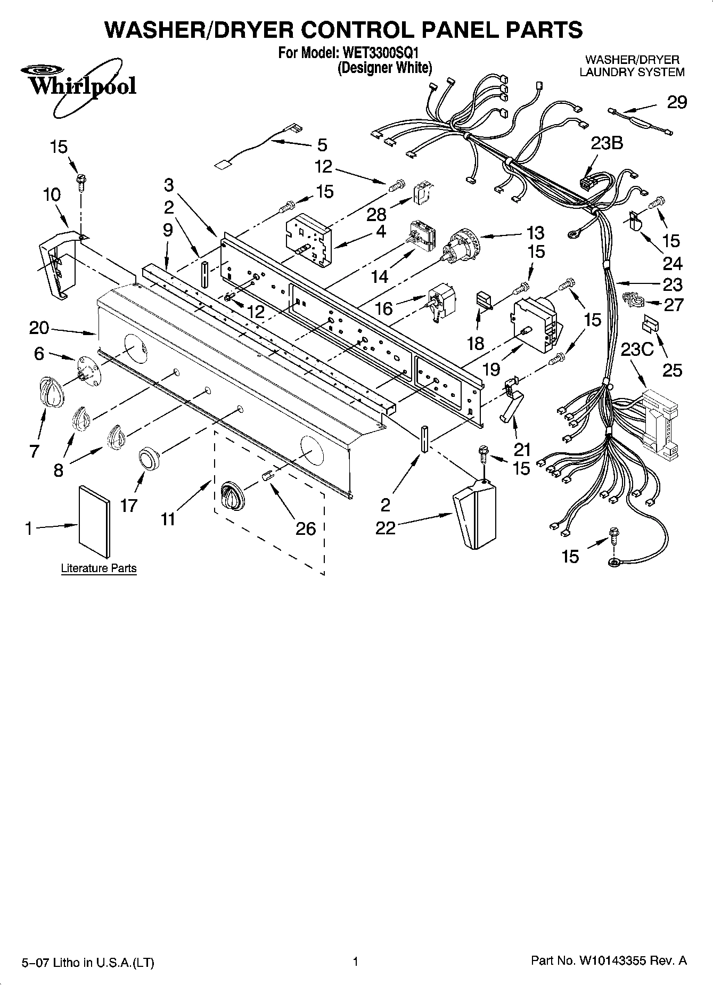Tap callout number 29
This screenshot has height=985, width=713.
[677, 102]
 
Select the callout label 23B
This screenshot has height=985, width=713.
[607, 143]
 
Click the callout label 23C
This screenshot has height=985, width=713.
[637, 349]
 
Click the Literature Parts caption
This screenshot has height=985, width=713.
[99, 568]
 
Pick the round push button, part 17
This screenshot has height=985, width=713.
[149, 458]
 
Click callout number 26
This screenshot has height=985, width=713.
[306, 528]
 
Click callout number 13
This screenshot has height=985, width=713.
[535, 232]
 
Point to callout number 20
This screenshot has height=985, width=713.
[39, 328]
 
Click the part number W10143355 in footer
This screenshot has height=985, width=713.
[612, 961]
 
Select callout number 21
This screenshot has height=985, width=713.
[522, 450]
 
